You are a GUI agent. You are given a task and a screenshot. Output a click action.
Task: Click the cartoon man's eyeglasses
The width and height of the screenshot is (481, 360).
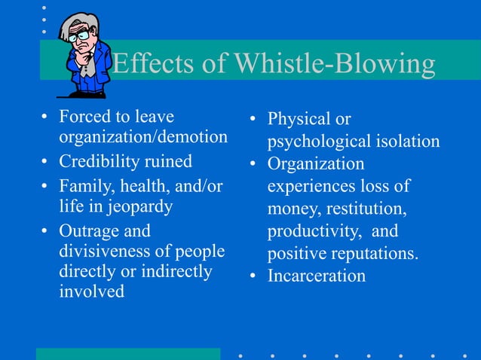click(78, 35)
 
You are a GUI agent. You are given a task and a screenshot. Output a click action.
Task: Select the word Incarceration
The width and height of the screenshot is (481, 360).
click(317, 276)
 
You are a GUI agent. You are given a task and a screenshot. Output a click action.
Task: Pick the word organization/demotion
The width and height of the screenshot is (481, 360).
click(143, 137)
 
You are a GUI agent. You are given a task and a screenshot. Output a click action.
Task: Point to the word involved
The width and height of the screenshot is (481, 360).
click(92, 291)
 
